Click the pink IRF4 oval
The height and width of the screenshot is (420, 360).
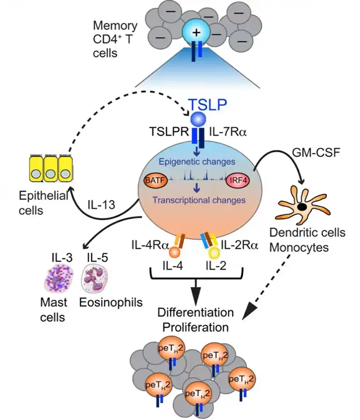(239, 181)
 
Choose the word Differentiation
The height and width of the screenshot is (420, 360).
(196, 313)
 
